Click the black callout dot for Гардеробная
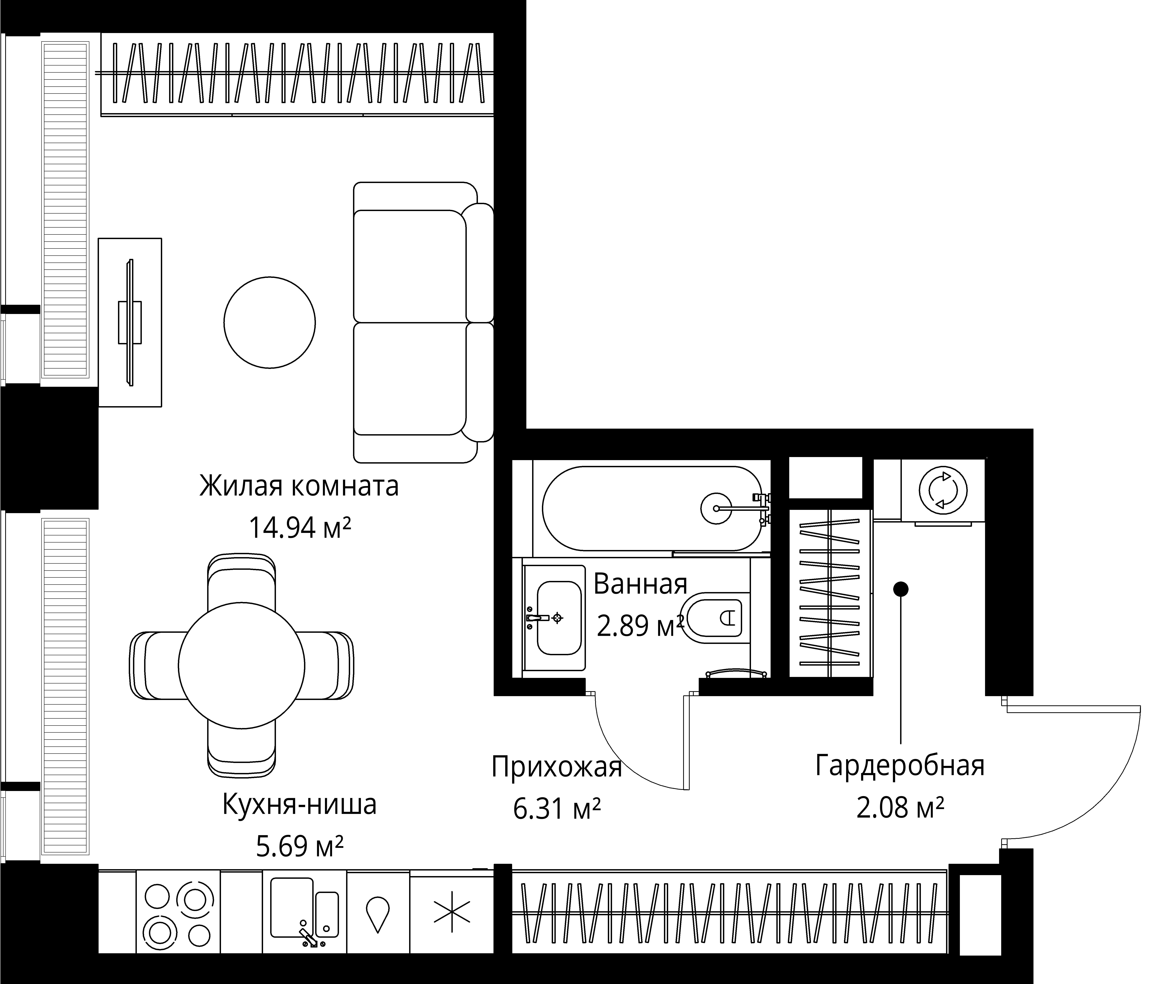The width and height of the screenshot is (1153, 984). click(x=900, y=589)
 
